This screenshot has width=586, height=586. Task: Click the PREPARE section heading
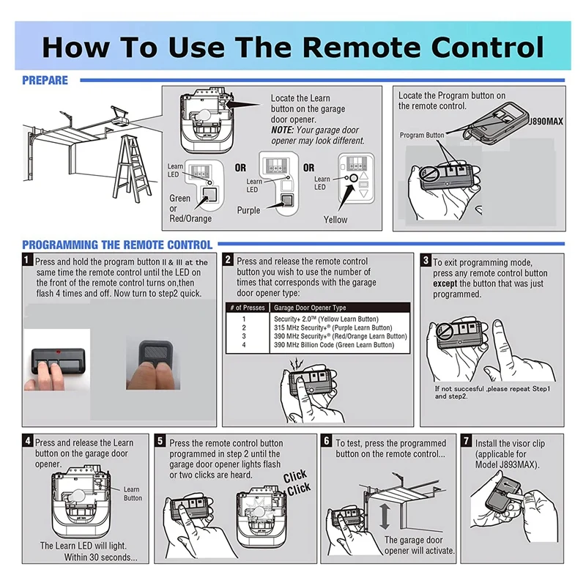tap(45, 81)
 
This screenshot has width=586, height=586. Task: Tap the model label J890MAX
tap(546, 122)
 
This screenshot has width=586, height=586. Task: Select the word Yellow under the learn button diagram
tap(335, 220)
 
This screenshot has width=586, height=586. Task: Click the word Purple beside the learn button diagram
tap(248, 210)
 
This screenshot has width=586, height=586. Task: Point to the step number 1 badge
tap(27, 259)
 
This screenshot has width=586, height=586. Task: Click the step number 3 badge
tap(426, 259)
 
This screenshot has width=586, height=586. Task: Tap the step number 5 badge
tap(160, 441)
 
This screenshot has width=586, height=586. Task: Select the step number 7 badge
tap(466, 441)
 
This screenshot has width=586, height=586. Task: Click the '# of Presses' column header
tap(248, 308)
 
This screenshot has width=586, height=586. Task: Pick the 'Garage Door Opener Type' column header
tap(310, 308)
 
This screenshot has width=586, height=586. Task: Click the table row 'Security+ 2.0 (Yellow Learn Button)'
tap(326, 319)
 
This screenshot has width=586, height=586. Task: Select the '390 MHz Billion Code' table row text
tap(334, 345)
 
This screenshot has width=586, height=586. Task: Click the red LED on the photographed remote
tap(58, 352)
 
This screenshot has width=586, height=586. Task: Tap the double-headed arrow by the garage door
tap(384, 517)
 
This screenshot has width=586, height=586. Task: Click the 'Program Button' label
tap(422, 135)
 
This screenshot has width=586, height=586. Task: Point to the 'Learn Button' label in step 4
tap(133, 494)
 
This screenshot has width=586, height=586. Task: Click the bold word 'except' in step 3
tap(445, 283)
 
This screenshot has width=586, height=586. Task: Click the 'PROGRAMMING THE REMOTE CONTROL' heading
tap(117, 245)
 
